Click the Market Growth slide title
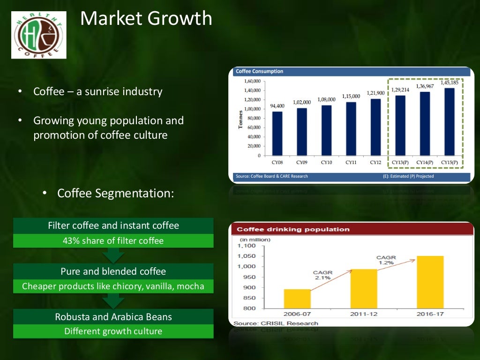pos(146,19)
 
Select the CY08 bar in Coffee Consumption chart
pos(277,133)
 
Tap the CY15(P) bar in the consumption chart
pos(449,122)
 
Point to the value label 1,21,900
pos(375,93)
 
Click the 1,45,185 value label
pos(450,82)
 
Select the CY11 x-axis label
pos(351,163)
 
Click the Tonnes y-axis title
pos(241,120)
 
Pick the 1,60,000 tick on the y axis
pos(252,81)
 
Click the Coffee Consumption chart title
pos(260,71)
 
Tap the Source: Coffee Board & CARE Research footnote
pos(272,176)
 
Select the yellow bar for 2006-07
pos(297,299)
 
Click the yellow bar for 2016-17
pos(430,282)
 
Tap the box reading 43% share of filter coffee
pos(113,241)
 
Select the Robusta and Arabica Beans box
pos(113,317)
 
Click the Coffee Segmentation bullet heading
pos(115,193)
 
